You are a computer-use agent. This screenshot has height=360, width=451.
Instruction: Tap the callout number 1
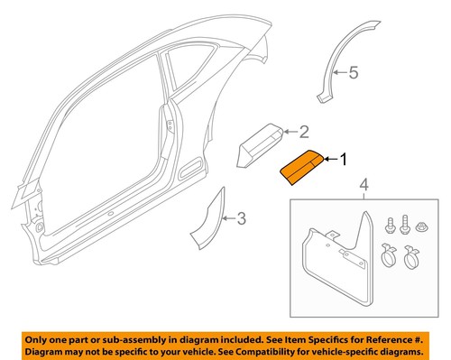[343, 160]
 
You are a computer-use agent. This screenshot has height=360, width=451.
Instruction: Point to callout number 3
[241, 217]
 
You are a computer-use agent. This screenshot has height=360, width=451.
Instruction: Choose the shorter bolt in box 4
[389, 223]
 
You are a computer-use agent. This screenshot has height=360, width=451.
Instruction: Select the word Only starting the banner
[40, 337]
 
